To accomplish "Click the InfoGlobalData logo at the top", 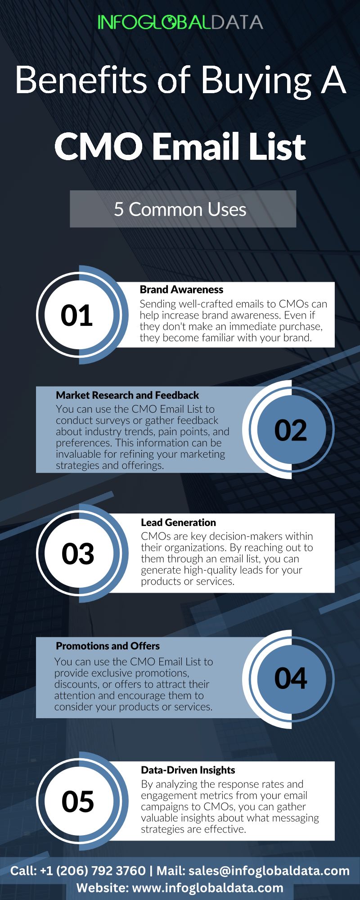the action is (180, 22).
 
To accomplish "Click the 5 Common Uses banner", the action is (183, 209).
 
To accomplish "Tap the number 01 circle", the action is (77, 315).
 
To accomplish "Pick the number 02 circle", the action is (291, 430).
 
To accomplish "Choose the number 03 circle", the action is (78, 553).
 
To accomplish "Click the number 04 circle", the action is (291, 679).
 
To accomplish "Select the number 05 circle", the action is (78, 801).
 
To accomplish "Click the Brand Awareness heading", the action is (181, 289).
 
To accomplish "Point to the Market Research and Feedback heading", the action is (127, 395).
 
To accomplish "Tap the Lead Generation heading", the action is (178, 522).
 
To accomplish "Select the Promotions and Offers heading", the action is (108, 646).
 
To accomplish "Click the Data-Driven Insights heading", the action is (188, 770).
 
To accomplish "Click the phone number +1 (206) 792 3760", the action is (93, 871).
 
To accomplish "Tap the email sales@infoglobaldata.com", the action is (269, 871).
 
